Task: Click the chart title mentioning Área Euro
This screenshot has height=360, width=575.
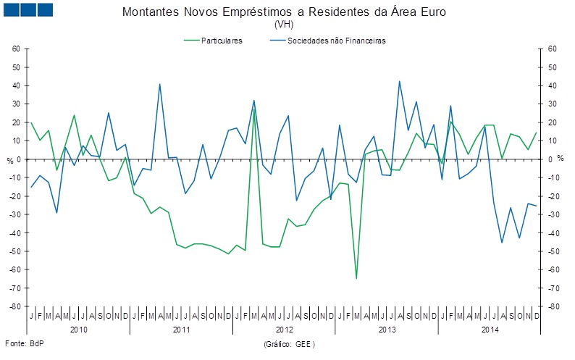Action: point(285,12)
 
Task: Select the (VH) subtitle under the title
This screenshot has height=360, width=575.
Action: point(284,24)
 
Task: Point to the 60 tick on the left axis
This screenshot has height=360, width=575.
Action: point(16,49)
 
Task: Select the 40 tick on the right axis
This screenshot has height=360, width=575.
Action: point(552,85)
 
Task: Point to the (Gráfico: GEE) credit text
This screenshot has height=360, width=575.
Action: point(290,343)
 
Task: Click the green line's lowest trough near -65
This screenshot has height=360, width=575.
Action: point(356,278)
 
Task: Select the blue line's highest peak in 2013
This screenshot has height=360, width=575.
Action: point(399,81)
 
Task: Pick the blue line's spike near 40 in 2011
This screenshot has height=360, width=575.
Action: point(159,85)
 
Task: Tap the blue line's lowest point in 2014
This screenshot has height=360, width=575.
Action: point(502,242)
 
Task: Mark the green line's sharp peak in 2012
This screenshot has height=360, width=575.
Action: point(253,109)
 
